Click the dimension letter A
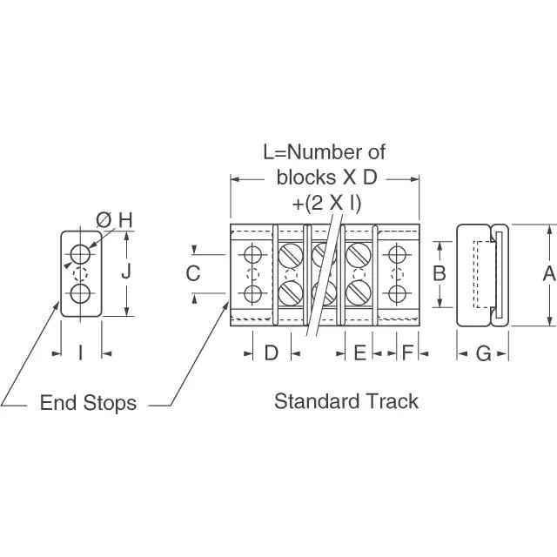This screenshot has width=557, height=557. click(x=549, y=274)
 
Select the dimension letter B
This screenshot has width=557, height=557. click(x=439, y=274)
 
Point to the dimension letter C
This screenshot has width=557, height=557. click(x=193, y=273)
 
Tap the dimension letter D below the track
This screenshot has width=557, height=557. click(x=271, y=353)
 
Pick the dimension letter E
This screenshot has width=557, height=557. click(x=359, y=353)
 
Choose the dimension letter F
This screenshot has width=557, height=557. click(x=407, y=353)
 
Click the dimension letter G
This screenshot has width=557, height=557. click(x=483, y=353)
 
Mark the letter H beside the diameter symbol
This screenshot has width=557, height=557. click(x=125, y=220)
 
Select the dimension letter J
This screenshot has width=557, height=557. click(x=126, y=272)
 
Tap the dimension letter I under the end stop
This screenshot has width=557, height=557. click(x=81, y=353)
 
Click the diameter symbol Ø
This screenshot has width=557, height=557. click(x=104, y=220)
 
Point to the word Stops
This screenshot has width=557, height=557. click(x=111, y=403)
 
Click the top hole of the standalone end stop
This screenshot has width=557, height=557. click(x=80, y=254)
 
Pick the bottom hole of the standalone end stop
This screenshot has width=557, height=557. click(x=80, y=293)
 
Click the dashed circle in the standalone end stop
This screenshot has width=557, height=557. click(x=80, y=274)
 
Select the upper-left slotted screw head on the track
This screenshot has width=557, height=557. click(x=291, y=255)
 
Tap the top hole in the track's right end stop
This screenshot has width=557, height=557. click(x=397, y=254)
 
